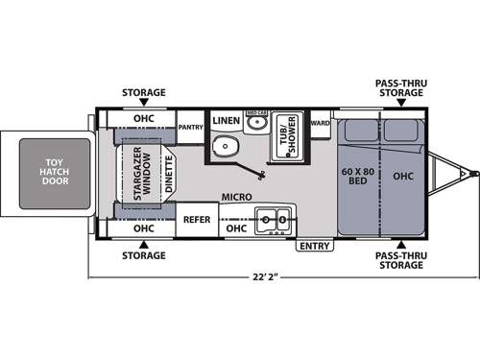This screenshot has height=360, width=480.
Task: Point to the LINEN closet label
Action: pyautogui.click(x=226, y=121)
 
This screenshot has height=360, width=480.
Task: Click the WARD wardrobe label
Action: pyautogui.click(x=320, y=123)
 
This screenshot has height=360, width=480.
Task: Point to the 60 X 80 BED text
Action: pyautogui.click(x=356, y=176)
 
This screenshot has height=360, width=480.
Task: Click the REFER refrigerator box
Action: pyautogui.click(x=198, y=220)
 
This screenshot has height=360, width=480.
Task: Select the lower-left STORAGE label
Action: pyautogui.click(x=143, y=255)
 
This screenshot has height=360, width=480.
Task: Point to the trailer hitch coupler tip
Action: pyautogui.click(x=474, y=174)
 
